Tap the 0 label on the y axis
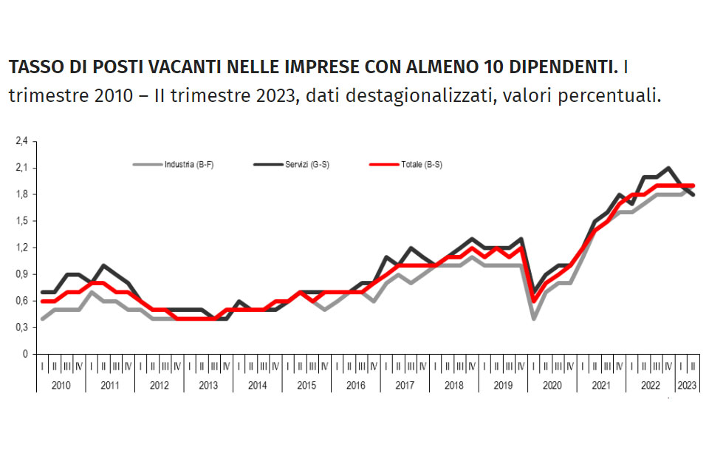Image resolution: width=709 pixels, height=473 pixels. click(x=24, y=354)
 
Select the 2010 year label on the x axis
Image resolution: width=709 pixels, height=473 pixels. click(x=61, y=385)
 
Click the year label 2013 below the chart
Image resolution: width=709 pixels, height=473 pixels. click(x=208, y=385)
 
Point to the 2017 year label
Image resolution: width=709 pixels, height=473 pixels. click(x=405, y=385)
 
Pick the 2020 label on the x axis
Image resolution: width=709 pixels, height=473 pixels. click(x=552, y=385)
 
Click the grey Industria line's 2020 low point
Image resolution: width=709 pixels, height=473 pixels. click(x=533, y=319)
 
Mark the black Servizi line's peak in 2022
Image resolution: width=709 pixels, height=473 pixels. click(x=668, y=169)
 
